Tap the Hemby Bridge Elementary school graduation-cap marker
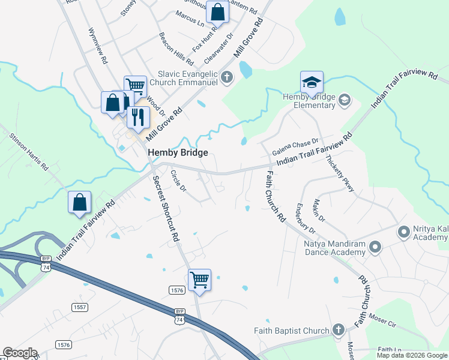pyautogui.click(x=312, y=82)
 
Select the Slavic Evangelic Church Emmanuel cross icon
pyautogui.click(x=227, y=76)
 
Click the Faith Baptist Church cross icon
pyautogui.click(x=338, y=330)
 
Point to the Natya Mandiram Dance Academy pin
pyautogui.click(x=375, y=247)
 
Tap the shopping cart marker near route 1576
pyautogui.click(x=199, y=280)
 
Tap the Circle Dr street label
pyautogui.click(x=178, y=181)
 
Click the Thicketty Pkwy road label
pyautogui.click(x=340, y=173)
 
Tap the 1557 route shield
pyautogui.click(x=80, y=307)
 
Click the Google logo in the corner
pyautogui.click(x=19, y=353)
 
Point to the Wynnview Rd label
pyautogui.click(x=97, y=46)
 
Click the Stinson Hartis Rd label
pyautogui.click(x=28, y=151)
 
